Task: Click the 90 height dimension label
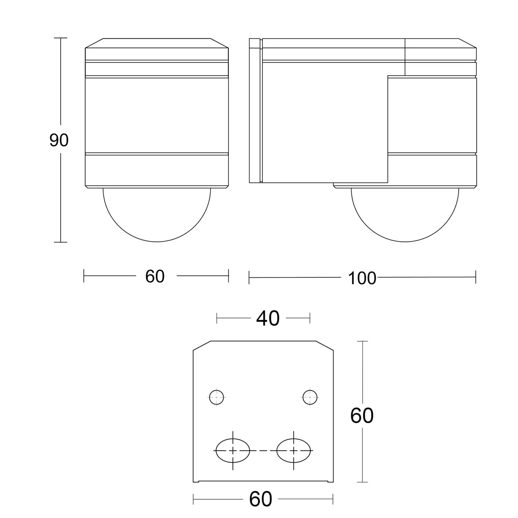tap(59, 140)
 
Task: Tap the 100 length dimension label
tap(362, 278)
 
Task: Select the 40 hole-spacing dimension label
tap(268, 318)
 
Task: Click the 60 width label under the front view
tap(155, 276)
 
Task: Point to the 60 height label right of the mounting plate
tap(362, 416)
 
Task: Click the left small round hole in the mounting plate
tap(217, 397)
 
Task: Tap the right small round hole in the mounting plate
tap(310, 397)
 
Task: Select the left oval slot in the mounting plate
tap(233, 450)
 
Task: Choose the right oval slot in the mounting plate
tap(294, 450)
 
